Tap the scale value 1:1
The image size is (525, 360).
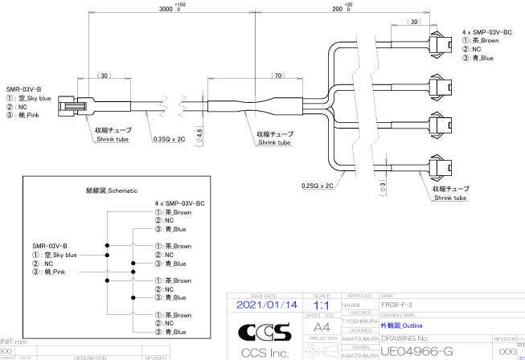coord(321,306)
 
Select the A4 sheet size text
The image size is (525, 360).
coord(321,329)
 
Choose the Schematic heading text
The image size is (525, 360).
coord(112,190)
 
